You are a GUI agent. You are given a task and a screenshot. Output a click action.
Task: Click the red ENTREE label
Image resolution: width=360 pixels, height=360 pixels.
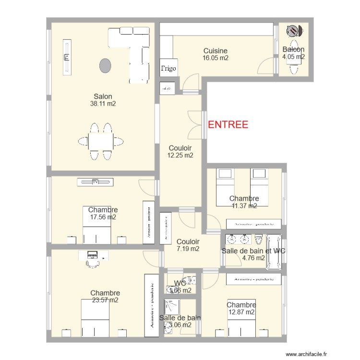click(228, 125)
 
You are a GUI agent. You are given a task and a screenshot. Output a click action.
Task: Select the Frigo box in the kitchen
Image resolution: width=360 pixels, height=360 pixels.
click(168, 69)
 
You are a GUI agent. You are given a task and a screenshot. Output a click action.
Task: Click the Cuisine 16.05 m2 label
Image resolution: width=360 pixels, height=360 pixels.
click(215, 54)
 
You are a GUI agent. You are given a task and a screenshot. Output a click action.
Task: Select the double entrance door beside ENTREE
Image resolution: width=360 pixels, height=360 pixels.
click(194, 124)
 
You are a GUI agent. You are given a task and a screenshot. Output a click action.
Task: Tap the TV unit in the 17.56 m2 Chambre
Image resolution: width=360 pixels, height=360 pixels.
click(96, 181)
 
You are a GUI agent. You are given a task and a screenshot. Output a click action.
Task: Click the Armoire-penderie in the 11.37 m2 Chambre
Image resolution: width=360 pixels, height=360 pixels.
click(254, 224)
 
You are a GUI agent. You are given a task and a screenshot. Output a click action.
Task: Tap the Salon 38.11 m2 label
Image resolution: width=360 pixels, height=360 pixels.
click(103, 100)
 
